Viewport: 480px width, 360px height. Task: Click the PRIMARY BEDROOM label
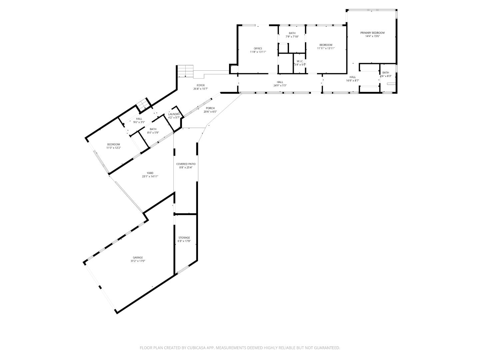pyautogui.click(x=372, y=33)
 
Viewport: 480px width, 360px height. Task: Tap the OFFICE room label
pyautogui.click(x=258, y=48)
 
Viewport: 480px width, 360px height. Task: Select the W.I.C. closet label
pyautogui.click(x=300, y=61)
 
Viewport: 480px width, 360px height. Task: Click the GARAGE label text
pyautogui.click(x=138, y=257)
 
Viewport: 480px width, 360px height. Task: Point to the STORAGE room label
pyautogui.click(x=184, y=238)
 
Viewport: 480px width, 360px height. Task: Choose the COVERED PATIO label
pyautogui.click(x=186, y=164)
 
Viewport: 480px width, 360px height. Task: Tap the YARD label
pyautogui.click(x=150, y=173)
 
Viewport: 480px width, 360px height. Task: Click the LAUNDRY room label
pyautogui.click(x=174, y=114)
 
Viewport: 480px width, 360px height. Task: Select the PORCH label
pyautogui.click(x=210, y=108)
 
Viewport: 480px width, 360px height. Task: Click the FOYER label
pyautogui.click(x=201, y=85)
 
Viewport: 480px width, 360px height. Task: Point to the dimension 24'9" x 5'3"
pyautogui.click(x=280, y=85)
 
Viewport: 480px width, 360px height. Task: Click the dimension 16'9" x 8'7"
pyautogui.click(x=352, y=80)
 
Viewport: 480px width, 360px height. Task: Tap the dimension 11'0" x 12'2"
pyautogui.click(x=113, y=148)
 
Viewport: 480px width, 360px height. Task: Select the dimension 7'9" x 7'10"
pyautogui.click(x=292, y=36)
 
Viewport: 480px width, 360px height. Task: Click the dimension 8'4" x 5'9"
pyautogui.click(x=153, y=132)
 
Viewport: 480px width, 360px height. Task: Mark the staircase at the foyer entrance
pyautogui.click(x=186, y=71)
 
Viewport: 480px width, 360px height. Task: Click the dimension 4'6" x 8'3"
pyautogui.click(x=385, y=76)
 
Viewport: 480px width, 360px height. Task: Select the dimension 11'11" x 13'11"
pyautogui.click(x=326, y=48)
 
